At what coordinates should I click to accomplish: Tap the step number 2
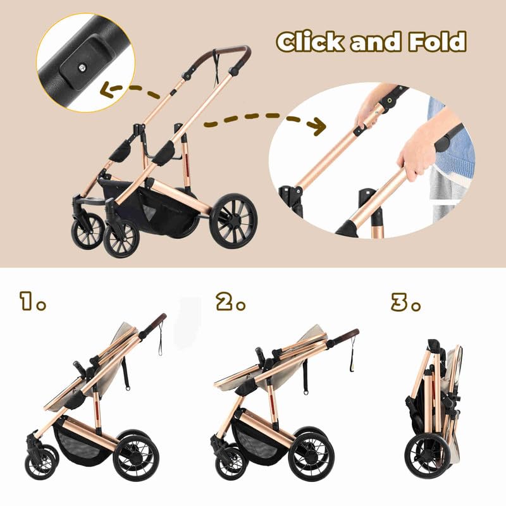tap(226, 301)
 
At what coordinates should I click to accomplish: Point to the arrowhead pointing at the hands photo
tap(318, 126)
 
